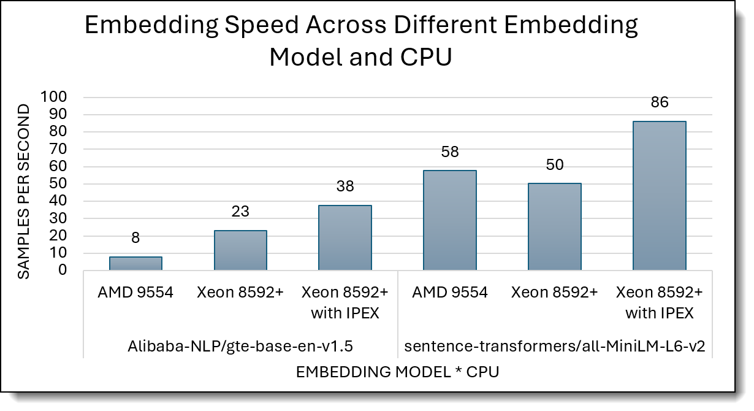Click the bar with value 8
coord(135,263)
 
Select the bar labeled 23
coord(240,250)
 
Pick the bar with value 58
coord(450,220)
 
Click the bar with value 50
coord(555,227)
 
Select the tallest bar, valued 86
coord(659,196)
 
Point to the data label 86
coord(659,103)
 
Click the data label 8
coord(135,238)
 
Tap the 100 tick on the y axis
coord(56,97)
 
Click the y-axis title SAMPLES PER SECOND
coord(23,191)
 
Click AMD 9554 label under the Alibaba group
coord(135,293)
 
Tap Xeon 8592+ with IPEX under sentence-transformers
coord(659,302)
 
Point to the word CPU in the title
coord(423,58)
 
